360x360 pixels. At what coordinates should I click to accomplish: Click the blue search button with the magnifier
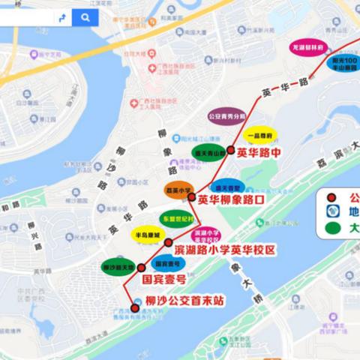[x=86, y=17]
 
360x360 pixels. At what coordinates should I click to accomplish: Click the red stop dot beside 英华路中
[x=231, y=149]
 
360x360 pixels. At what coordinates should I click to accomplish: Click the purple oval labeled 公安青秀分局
[x=226, y=117]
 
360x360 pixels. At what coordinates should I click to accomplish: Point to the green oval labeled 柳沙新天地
[x=118, y=267]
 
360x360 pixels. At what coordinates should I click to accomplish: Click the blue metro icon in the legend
[x=331, y=211]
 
